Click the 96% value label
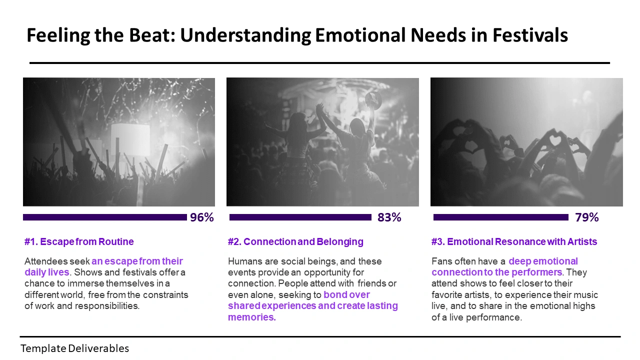(201, 217)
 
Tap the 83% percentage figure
(389, 217)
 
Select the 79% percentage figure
(587, 217)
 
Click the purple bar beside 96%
(105, 217)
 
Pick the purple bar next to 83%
(300, 217)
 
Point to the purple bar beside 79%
(501, 217)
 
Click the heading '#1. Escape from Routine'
(79, 241)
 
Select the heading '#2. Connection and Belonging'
(295, 241)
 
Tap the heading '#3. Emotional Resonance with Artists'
(514, 241)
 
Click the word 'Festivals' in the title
(530, 35)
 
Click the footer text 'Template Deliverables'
(74, 348)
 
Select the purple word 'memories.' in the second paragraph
(252, 317)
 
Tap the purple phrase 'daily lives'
(47, 272)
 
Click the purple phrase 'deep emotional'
(543, 261)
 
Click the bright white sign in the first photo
(130, 140)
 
